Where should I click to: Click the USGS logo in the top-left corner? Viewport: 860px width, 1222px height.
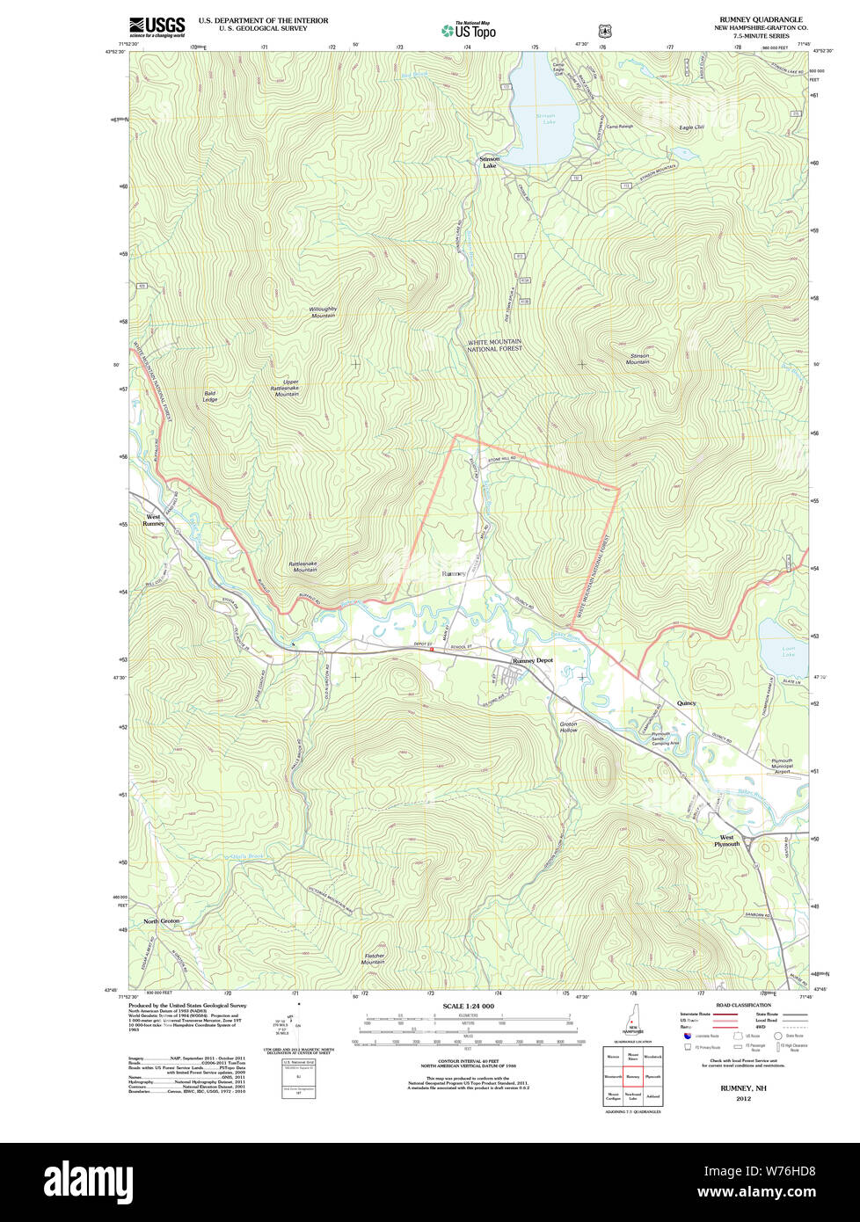point(157,26)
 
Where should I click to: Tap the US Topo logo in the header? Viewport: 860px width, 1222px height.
point(468,30)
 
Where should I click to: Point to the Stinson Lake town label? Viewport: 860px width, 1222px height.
point(489,162)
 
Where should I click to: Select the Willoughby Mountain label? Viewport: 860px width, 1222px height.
point(323,312)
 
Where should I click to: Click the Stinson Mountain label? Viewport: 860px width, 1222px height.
point(638,359)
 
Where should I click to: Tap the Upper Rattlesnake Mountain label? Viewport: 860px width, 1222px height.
point(285,388)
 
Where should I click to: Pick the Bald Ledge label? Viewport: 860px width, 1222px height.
point(210,396)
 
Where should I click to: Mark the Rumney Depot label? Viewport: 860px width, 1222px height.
point(533,660)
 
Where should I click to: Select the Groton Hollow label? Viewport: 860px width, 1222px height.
point(568,727)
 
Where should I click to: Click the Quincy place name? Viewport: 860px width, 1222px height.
point(686,703)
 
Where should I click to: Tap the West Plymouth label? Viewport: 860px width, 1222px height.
point(726,840)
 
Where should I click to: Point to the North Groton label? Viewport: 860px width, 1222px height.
point(162,920)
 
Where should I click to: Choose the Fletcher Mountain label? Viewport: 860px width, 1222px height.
point(373,959)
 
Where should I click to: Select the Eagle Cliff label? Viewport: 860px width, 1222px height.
point(691,127)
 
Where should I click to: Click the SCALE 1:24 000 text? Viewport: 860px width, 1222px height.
point(468,1006)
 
